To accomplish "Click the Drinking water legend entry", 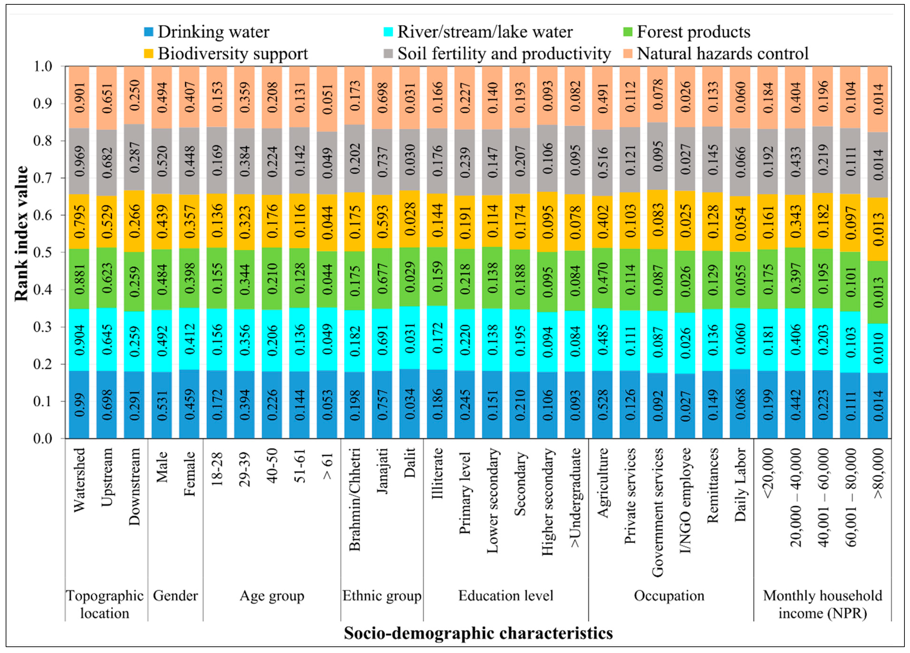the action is click(207, 32).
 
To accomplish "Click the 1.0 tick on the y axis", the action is click(43, 66).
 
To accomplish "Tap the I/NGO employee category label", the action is click(686, 500).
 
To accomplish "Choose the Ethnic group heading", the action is click(382, 596).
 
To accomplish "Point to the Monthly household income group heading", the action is click(823, 604).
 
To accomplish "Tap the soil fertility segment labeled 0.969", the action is click(79, 161).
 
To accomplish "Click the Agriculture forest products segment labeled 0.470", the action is click(602, 278).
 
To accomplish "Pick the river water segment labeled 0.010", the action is click(877, 348).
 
